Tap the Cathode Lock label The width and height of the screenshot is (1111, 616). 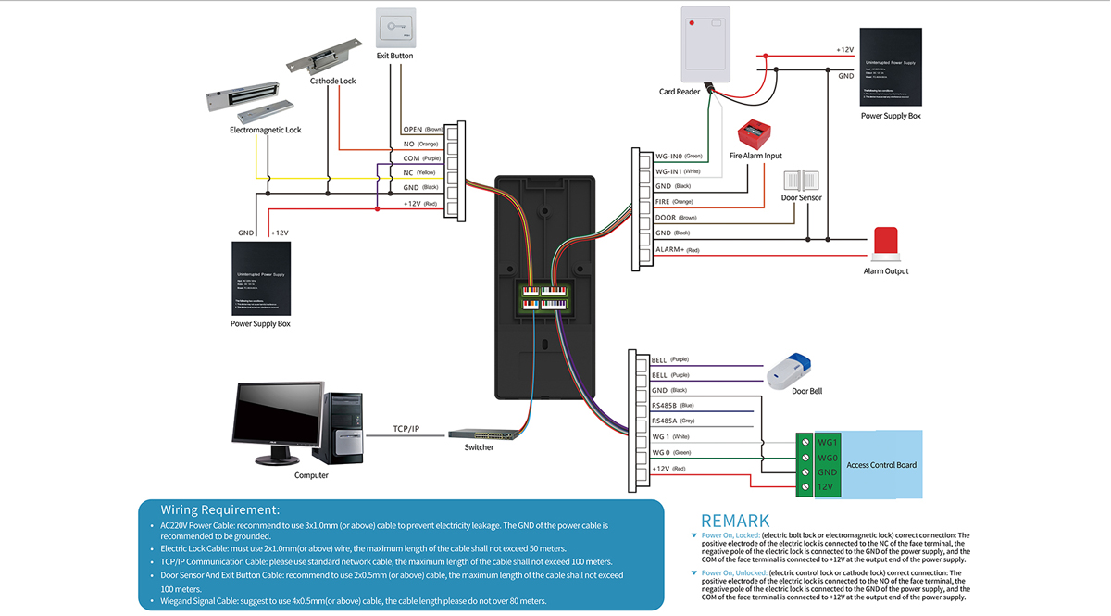pyautogui.click(x=332, y=81)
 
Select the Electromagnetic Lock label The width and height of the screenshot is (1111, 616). pyautogui.click(x=266, y=131)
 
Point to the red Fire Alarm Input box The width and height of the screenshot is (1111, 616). pyautogui.click(x=749, y=136)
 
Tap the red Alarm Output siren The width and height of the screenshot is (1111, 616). pyautogui.click(x=886, y=244)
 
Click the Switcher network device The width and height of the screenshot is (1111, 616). pyautogui.click(x=479, y=434)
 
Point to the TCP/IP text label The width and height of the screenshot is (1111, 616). pyautogui.click(x=406, y=429)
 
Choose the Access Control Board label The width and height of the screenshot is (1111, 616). pyautogui.click(x=881, y=464)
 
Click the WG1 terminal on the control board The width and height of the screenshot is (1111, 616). pyautogui.click(x=827, y=442)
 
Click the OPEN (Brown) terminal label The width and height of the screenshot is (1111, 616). pyautogui.click(x=422, y=130)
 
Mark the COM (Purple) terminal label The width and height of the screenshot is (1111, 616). pyautogui.click(x=422, y=158)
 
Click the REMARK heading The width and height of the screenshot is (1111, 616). pyautogui.click(x=734, y=521)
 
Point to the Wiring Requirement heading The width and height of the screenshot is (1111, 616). pyautogui.click(x=219, y=509)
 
